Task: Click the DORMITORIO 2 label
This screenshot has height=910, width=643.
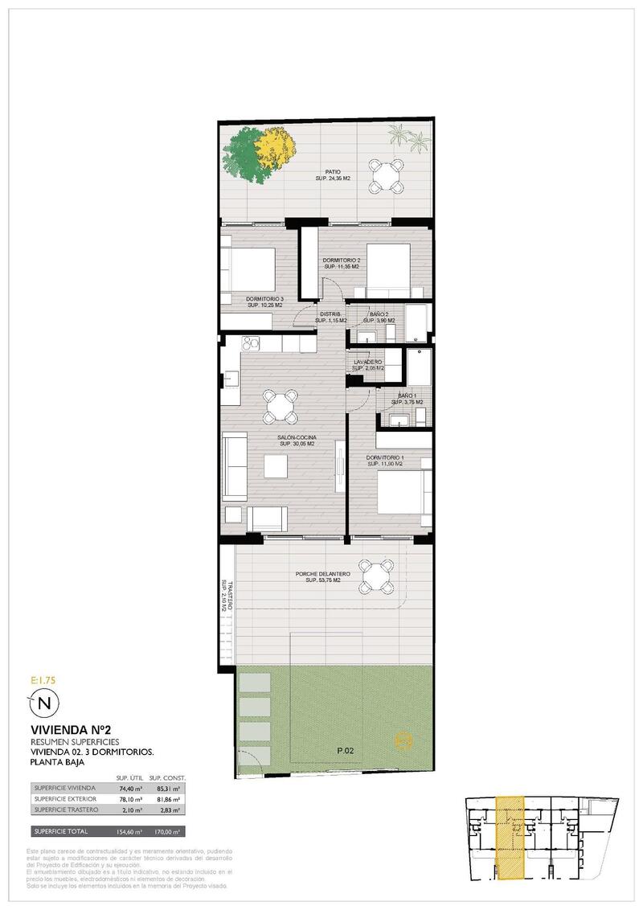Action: point(341,262)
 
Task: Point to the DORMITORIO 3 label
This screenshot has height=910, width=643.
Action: point(265,301)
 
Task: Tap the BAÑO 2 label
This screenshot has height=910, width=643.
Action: point(379,314)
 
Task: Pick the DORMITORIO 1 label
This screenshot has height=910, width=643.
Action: point(391,460)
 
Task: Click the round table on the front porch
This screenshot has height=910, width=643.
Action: point(376,576)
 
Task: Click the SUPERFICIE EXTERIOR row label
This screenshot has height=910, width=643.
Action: point(65,799)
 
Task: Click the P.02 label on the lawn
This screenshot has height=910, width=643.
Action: point(346,751)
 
